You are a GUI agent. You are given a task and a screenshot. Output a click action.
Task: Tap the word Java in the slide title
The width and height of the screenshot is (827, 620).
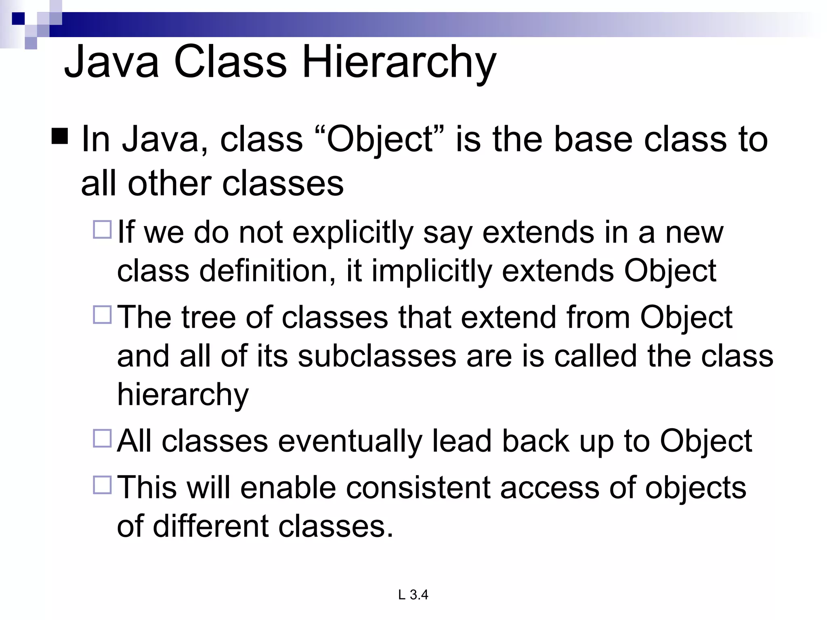coord(111,63)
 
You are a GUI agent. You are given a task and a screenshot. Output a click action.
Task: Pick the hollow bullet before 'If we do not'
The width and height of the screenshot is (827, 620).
coord(102,229)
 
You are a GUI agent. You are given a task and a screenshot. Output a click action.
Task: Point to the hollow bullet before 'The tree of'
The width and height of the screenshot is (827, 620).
coord(102,314)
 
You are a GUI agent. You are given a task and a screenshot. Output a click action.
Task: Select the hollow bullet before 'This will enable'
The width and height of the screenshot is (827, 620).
coord(102,485)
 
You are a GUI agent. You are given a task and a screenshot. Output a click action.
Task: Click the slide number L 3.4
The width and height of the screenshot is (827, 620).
coord(413,595)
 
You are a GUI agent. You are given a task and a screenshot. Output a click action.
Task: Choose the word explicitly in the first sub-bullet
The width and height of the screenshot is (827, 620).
coord(353,233)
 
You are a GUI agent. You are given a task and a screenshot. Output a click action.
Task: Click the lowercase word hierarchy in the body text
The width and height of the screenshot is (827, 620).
coord(183,395)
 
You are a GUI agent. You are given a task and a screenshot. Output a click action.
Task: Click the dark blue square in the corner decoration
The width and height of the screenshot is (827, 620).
coord(18,18)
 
